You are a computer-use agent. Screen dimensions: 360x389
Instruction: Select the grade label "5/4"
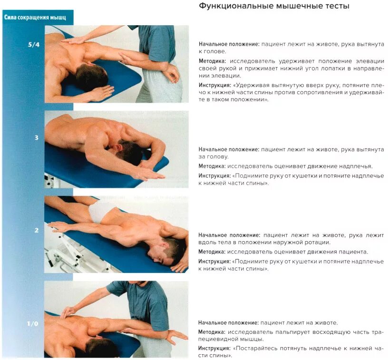[x=33, y=45]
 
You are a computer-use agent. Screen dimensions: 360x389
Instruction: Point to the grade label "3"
[x=36, y=138]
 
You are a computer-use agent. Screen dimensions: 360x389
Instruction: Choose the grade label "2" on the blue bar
[x=36, y=231]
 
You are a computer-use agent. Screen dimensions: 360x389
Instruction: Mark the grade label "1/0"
[x=33, y=324]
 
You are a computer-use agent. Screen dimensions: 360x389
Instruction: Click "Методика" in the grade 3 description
[x=212, y=166]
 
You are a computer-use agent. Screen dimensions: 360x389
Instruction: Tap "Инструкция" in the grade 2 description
[x=214, y=262]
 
